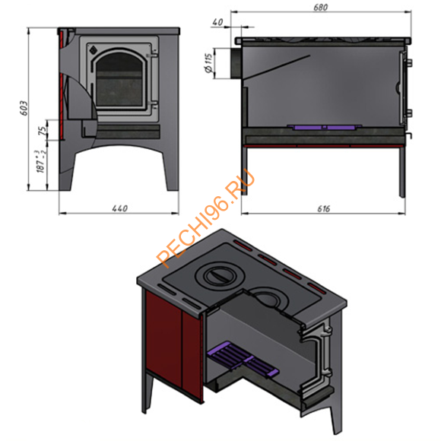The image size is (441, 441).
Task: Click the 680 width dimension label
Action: pos(320,7)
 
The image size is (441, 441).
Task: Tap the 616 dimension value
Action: pos(323,208)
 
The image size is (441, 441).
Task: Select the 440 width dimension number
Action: pos(120,208)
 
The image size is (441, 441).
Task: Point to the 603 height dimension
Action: pos(24,108)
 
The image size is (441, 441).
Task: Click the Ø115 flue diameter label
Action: pos(209,63)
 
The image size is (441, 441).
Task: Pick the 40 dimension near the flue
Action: pos(217,22)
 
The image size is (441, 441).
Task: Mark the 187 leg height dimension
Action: pos(41,161)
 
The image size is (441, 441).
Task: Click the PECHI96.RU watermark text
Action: pos(206,218)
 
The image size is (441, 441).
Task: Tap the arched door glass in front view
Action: pos(119,80)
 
